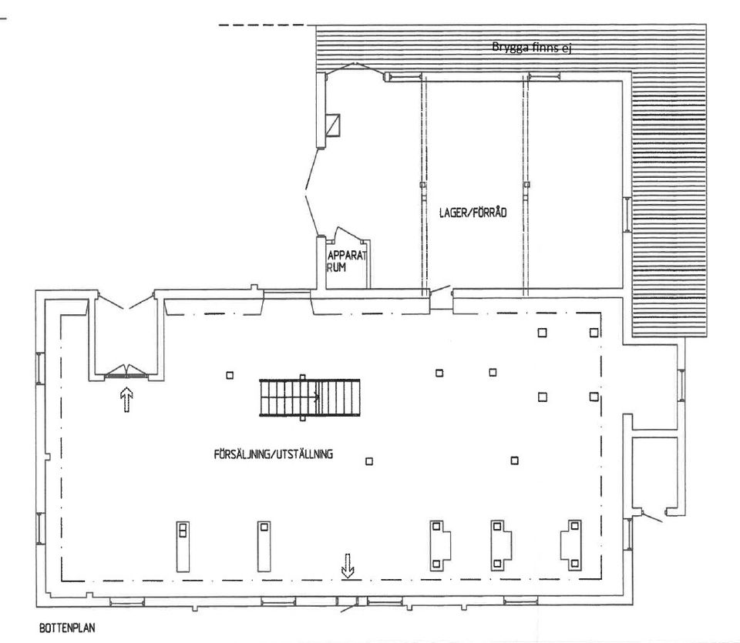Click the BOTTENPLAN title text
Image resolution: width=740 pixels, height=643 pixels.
67,628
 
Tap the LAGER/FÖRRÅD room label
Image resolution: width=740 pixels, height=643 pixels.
473,213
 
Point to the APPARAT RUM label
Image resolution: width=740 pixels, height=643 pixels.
346,262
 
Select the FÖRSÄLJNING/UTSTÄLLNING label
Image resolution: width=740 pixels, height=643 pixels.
273,454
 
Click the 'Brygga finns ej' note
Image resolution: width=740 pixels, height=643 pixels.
532,47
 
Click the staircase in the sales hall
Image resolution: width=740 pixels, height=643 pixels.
310,397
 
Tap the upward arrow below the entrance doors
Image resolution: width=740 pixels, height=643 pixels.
126,400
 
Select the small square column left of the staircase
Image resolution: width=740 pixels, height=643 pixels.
230,375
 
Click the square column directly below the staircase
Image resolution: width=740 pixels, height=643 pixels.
369,461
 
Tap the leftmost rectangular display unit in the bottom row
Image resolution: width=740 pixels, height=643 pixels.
183,547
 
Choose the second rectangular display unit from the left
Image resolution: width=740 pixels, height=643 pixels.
264,547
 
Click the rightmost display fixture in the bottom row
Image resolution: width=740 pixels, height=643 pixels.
571,545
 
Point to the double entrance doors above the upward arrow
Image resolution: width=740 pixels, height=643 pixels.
126,371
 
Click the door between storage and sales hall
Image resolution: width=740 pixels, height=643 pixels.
441,291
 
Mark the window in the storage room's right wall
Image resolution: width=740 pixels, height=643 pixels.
627,215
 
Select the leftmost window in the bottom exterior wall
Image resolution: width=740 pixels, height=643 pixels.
127,601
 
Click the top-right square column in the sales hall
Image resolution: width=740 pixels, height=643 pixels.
594,333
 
